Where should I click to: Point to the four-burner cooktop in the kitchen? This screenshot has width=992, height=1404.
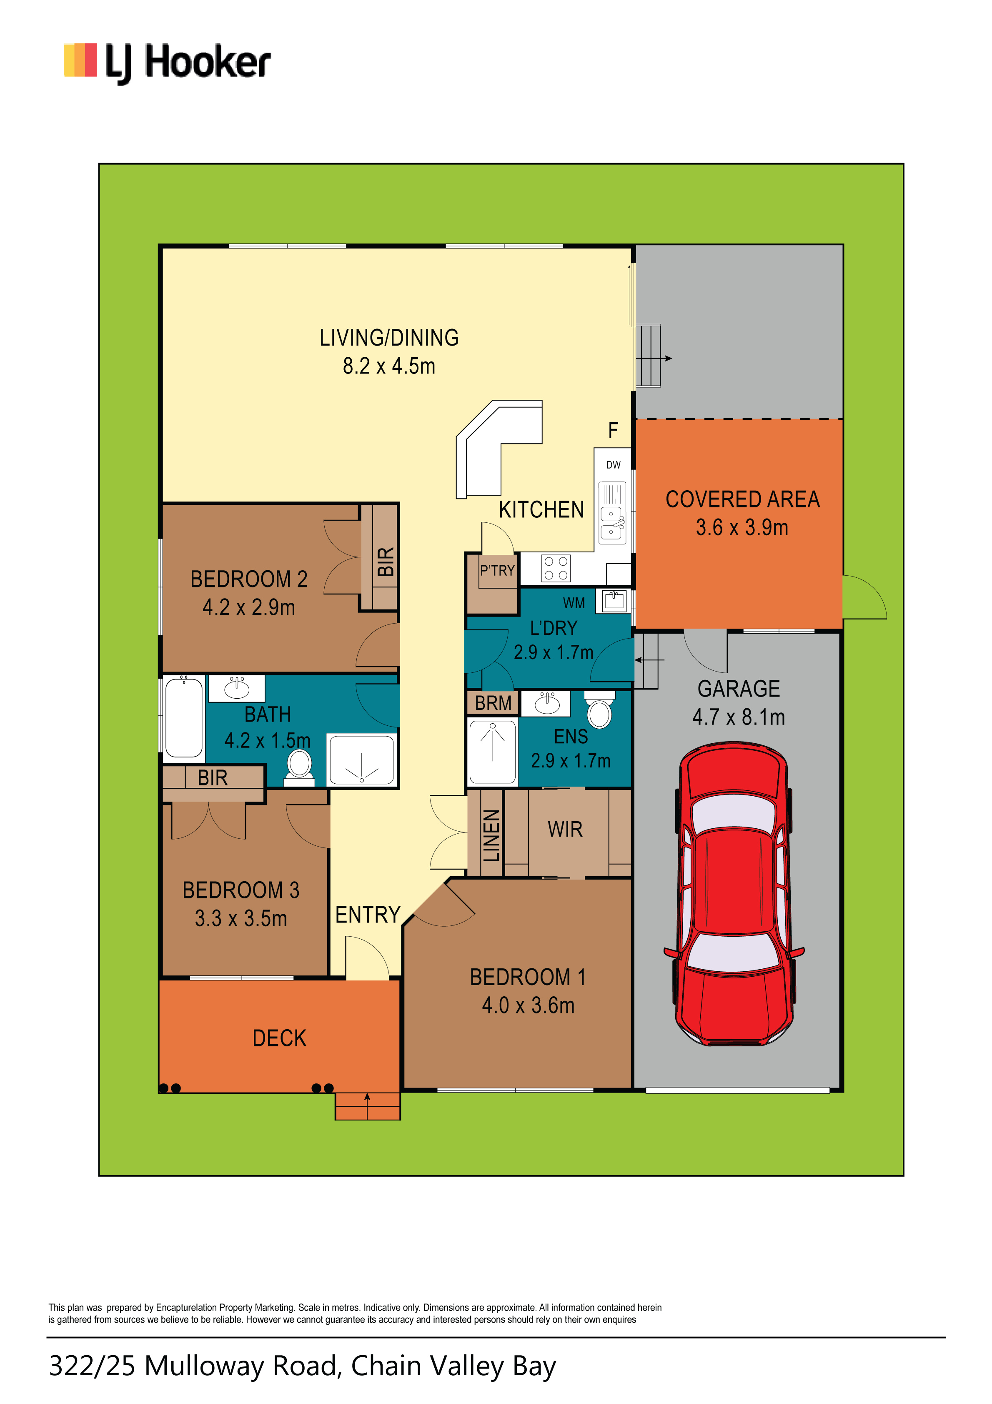[x=555, y=568]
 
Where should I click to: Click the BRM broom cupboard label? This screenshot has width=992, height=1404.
[x=493, y=703]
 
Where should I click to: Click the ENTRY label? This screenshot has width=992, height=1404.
[x=368, y=915]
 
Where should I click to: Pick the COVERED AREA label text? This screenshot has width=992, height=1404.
[x=742, y=499]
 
